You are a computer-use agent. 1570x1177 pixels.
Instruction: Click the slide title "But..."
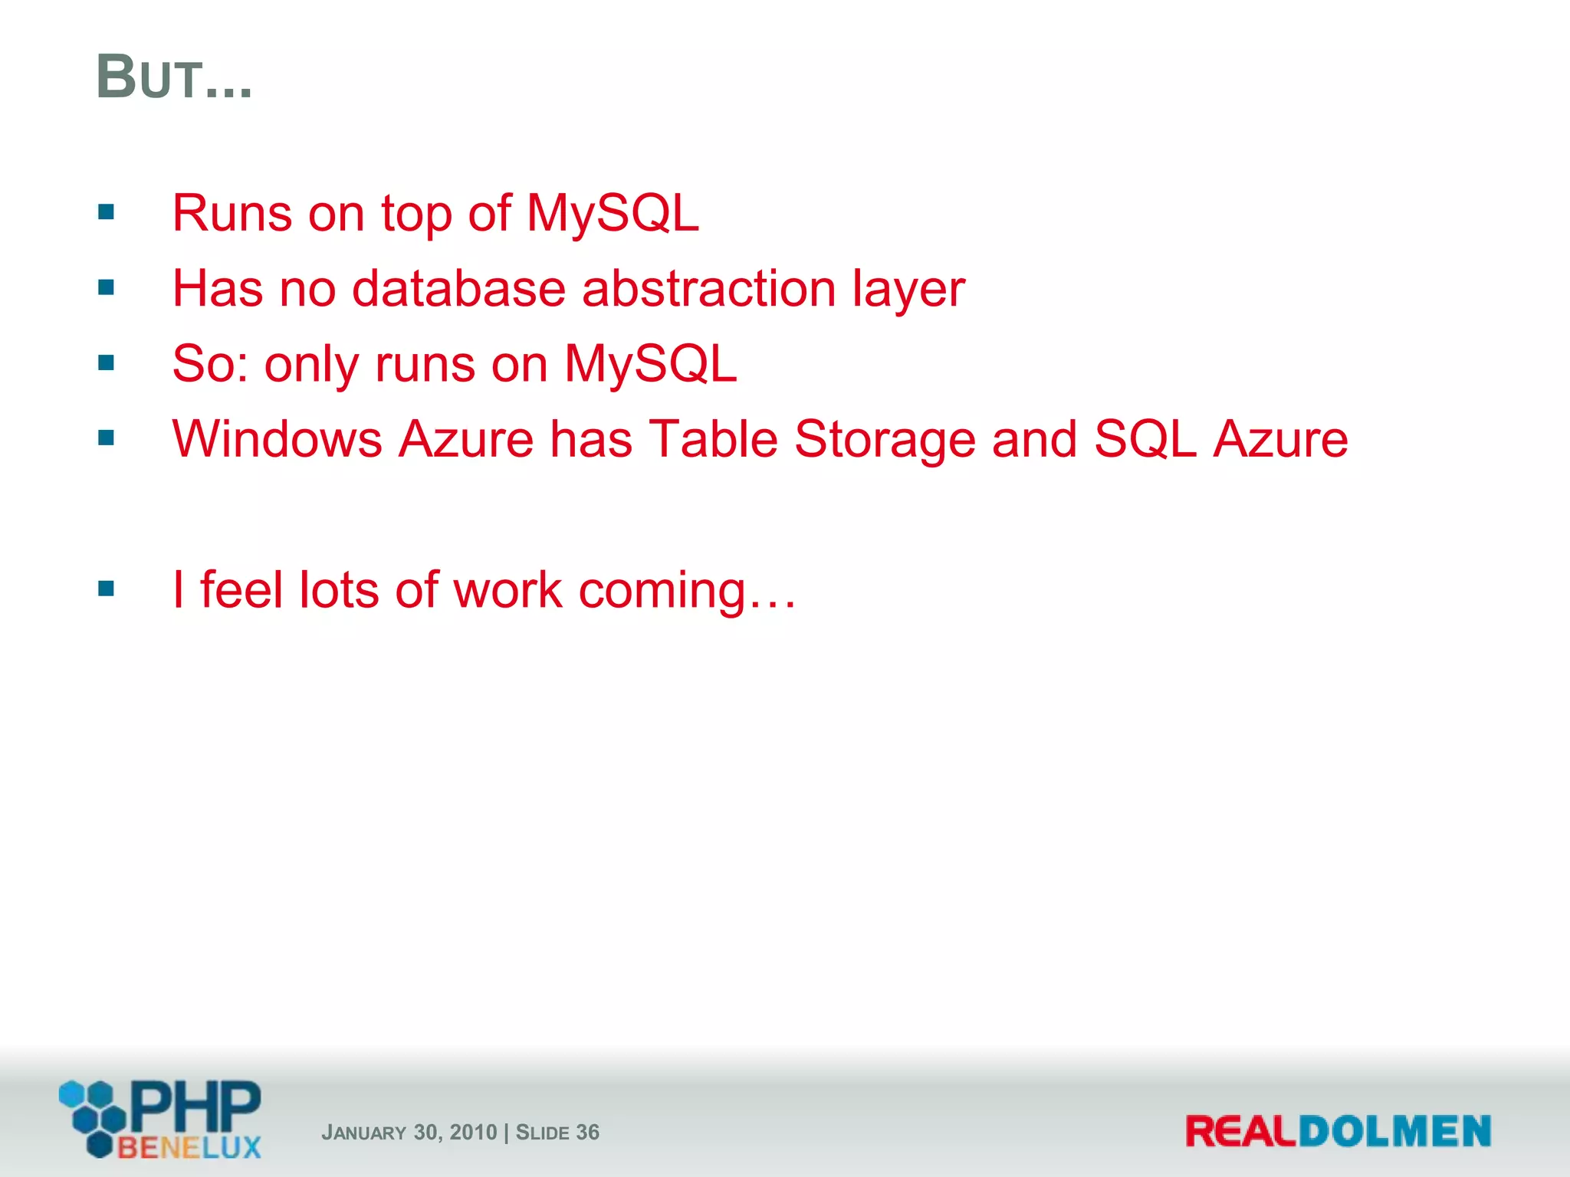[x=174, y=78]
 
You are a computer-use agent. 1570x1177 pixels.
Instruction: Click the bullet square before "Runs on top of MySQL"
[x=107, y=212]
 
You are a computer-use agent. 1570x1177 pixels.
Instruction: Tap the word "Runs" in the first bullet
[x=232, y=213]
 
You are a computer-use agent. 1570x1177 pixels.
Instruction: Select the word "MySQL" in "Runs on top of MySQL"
[x=612, y=213]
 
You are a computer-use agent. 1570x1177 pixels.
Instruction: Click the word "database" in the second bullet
[x=458, y=289]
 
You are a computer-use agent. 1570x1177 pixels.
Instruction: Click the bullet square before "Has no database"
[x=107, y=288]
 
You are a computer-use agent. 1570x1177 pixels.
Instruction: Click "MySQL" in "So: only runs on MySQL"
[x=650, y=364]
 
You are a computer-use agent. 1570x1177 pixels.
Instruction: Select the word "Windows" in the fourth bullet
[x=277, y=440]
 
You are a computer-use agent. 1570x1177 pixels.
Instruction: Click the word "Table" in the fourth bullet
[x=713, y=439]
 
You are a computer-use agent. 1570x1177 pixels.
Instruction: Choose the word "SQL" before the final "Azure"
[x=1145, y=440]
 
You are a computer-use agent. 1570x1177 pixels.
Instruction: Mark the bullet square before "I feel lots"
[x=107, y=589]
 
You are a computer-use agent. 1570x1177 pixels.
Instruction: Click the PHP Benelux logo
[x=161, y=1119]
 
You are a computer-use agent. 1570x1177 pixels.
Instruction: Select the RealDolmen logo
[x=1338, y=1132]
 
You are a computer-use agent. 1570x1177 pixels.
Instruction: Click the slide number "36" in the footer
[x=587, y=1133]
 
